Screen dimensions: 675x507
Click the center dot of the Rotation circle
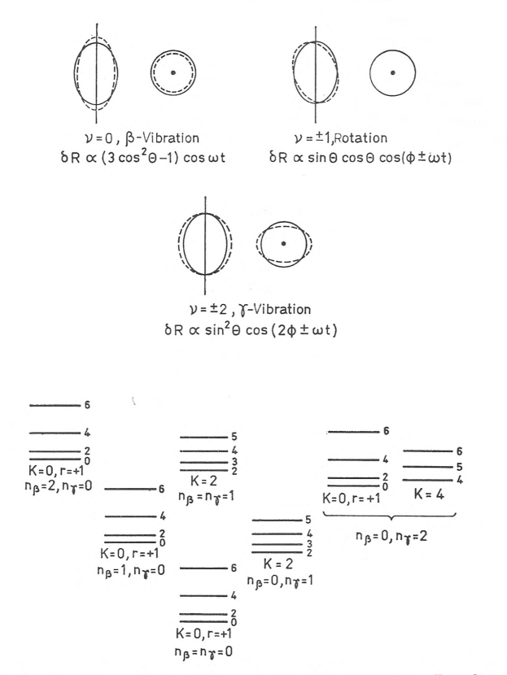(x=392, y=73)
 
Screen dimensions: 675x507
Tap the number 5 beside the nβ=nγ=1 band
(x=234, y=438)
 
